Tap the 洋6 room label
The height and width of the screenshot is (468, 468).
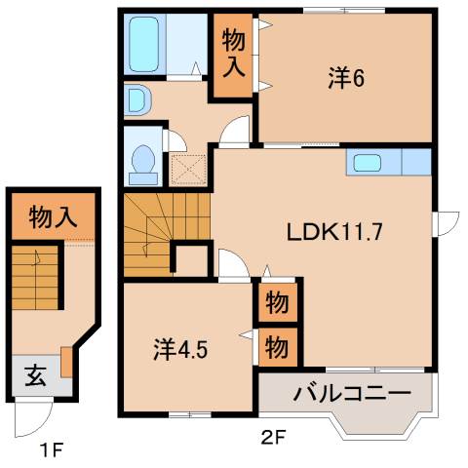345,79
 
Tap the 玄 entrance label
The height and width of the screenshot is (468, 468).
32,372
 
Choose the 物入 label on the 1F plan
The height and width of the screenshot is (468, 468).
53,216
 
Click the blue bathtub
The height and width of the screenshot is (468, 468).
149,43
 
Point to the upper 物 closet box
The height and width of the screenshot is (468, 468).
277,303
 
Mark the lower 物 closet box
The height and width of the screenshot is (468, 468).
277,346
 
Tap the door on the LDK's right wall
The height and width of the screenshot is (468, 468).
448,223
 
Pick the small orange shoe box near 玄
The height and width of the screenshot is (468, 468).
66,362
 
